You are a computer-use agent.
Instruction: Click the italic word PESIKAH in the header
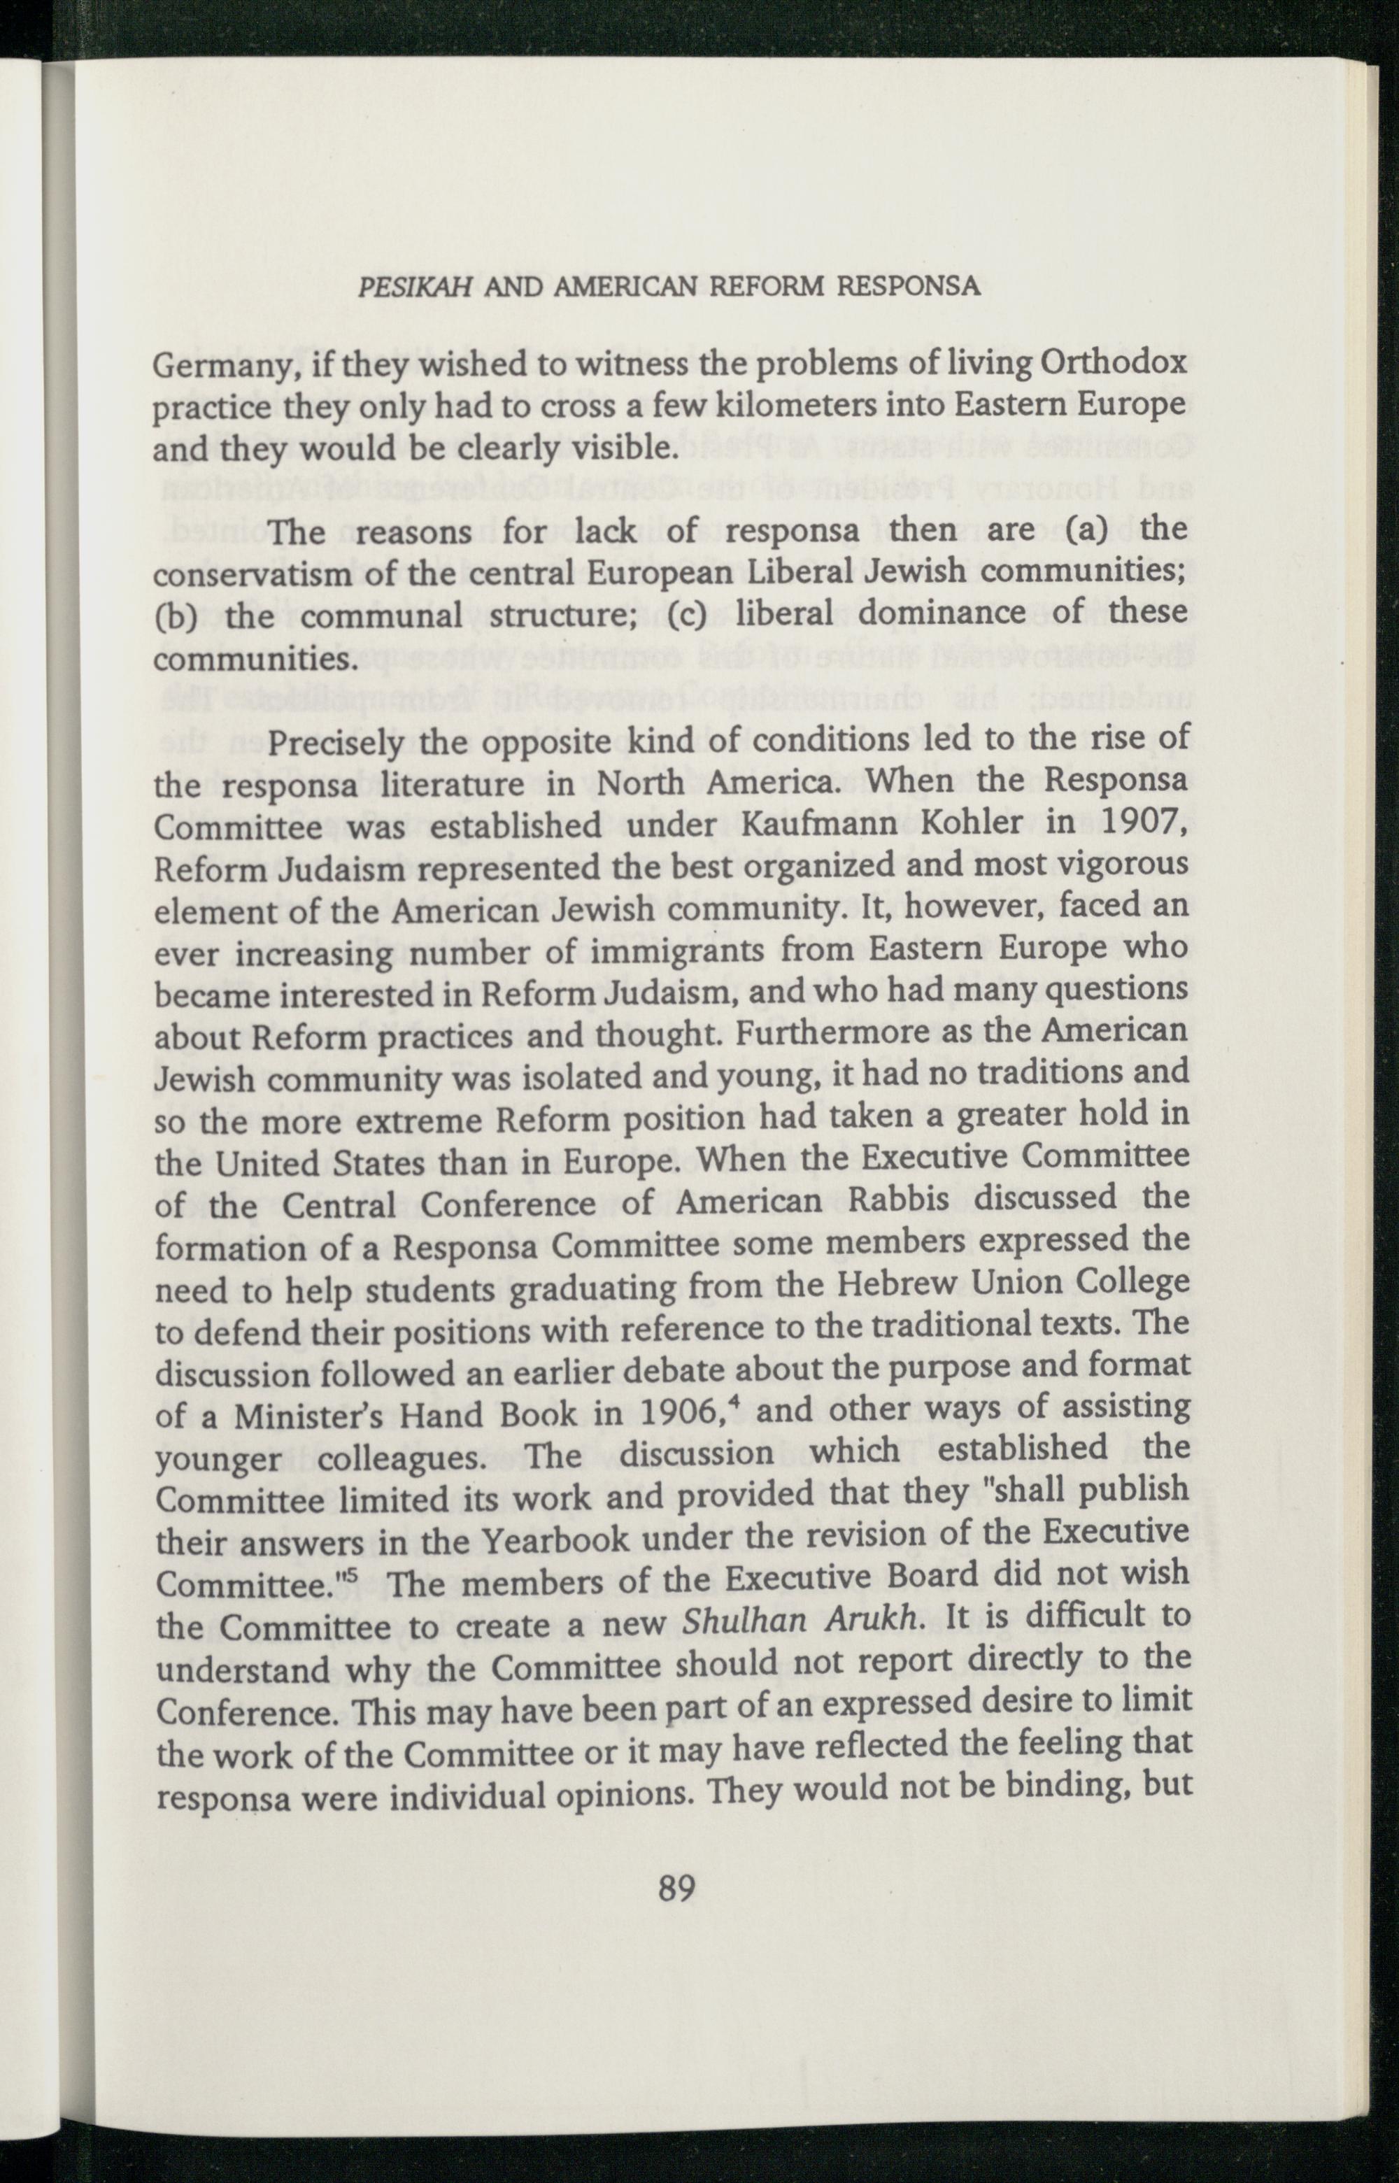414,287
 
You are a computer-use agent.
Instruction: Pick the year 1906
685,1414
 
